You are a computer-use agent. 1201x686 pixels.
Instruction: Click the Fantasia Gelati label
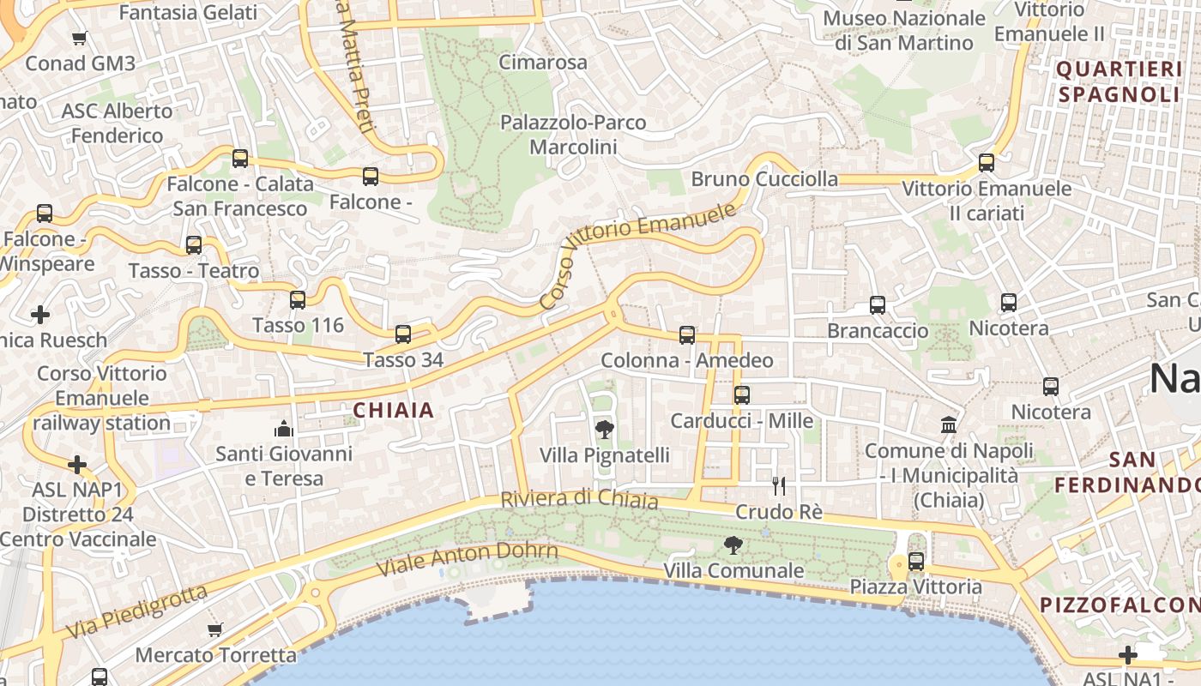188,13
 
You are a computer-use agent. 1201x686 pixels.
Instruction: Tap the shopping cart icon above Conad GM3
80,38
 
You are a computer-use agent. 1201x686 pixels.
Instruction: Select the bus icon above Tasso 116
298,300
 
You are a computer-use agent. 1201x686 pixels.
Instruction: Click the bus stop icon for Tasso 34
403,334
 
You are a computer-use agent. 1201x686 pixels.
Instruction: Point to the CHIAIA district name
394,411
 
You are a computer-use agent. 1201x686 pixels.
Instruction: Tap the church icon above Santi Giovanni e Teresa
284,428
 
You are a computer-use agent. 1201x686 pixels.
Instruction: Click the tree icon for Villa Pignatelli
604,430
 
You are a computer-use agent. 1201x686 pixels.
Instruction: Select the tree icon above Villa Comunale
733,545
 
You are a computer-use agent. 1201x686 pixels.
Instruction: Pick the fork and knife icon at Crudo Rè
779,486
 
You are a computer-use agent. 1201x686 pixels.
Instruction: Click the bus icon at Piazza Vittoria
916,562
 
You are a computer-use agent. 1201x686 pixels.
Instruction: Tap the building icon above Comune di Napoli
949,424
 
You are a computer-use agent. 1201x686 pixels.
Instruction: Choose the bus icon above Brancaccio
878,305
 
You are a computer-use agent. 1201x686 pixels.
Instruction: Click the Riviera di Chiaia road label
579,499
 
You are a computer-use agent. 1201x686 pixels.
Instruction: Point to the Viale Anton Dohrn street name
468,560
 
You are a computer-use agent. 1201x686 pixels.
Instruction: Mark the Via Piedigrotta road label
137,611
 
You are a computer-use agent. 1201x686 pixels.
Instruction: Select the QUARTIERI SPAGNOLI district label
1119,81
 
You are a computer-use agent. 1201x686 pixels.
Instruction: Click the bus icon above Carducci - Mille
742,395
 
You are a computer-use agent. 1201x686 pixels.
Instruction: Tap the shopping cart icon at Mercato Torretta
215,630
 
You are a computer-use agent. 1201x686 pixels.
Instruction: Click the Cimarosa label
543,63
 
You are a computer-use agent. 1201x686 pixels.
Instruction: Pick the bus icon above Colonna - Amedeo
687,335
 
